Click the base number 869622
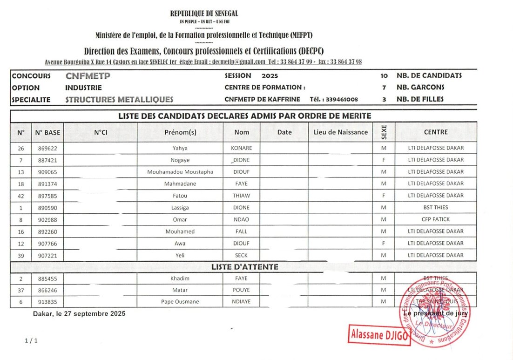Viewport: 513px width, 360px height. [46, 149]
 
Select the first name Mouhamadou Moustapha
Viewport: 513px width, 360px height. [180, 172]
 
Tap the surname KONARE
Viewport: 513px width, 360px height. [242, 149]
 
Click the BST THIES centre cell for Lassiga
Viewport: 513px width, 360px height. [436, 208]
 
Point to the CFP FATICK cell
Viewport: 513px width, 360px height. [436, 219]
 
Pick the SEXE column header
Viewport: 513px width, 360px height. [384, 132]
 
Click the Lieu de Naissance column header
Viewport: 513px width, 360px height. [341, 132]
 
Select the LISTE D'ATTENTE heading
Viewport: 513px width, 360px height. [244, 267]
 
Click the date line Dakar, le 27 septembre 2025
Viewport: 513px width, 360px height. [79, 314]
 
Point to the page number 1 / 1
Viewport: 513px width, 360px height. [31, 341]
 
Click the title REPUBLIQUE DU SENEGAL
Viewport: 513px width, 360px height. [204, 14]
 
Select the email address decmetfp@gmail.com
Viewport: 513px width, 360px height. [238, 62]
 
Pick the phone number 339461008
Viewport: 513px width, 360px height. [342, 99]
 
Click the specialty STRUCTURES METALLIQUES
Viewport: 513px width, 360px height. [119, 99]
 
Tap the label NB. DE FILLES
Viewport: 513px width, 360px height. [420, 99]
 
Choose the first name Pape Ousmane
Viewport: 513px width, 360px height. [180, 302]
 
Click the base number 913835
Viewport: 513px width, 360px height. [46, 302]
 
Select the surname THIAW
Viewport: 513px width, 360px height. [242, 196]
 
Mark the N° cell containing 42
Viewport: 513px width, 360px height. [21, 196]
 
